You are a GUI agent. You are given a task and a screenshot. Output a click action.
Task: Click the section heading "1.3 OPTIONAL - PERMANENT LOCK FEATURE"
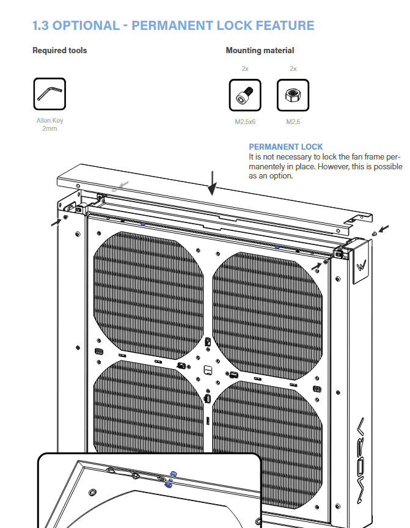tap(173, 26)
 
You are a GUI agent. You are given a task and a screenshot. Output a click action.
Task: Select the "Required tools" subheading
tap(60, 51)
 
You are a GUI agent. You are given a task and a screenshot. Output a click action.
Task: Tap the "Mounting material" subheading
tap(260, 51)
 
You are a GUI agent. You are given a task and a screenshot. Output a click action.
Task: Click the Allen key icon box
tap(49, 94)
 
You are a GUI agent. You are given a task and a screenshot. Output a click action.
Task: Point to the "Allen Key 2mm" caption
tap(49, 124)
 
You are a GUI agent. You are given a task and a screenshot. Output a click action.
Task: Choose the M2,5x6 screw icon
tap(245, 95)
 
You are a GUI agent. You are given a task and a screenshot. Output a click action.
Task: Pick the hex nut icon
tap(293, 95)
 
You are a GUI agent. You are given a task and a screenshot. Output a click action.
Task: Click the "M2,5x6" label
tap(245, 122)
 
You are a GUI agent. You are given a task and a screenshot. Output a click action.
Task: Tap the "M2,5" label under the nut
tap(293, 122)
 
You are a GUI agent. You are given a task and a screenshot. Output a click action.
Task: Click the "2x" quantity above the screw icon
tap(245, 68)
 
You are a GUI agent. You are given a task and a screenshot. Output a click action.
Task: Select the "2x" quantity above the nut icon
tap(293, 68)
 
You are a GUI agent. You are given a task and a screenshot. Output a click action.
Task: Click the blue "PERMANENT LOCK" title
tap(286, 147)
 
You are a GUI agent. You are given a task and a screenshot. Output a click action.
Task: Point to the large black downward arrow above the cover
tap(212, 183)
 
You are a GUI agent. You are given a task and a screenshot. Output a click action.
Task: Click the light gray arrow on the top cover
tap(123, 185)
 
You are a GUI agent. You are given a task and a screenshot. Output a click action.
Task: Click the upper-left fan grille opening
tap(148, 295)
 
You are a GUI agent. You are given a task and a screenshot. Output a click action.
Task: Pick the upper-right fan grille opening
tap(268, 316)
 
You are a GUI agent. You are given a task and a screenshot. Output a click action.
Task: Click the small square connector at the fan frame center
tap(208, 370)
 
